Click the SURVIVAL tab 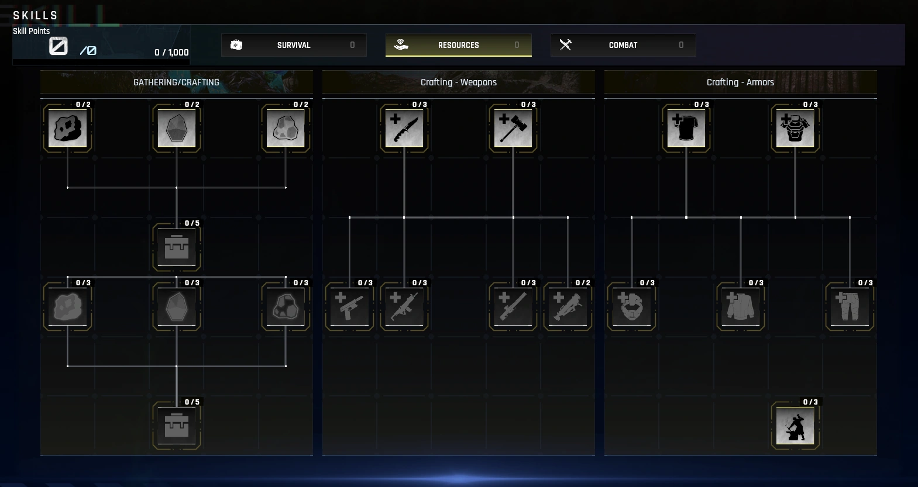click(x=294, y=45)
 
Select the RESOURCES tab click(x=458, y=45)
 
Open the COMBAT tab click(x=623, y=45)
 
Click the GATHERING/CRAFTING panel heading click(x=176, y=82)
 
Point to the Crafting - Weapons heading click(x=458, y=82)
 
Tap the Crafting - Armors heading click(x=740, y=82)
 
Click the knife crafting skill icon click(x=404, y=128)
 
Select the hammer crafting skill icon click(x=513, y=128)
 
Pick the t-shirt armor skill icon click(x=686, y=128)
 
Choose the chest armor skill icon click(x=795, y=128)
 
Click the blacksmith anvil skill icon click(x=795, y=425)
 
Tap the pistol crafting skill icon click(x=349, y=306)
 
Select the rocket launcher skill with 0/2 click(x=568, y=306)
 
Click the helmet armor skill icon click(x=631, y=306)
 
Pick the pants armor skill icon click(x=850, y=306)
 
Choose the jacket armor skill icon click(x=741, y=306)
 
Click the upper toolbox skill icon click(x=177, y=247)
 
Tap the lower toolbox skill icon click(x=177, y=425)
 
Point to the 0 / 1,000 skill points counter click(x=171, y=53)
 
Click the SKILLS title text click(x=36, y=16)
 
